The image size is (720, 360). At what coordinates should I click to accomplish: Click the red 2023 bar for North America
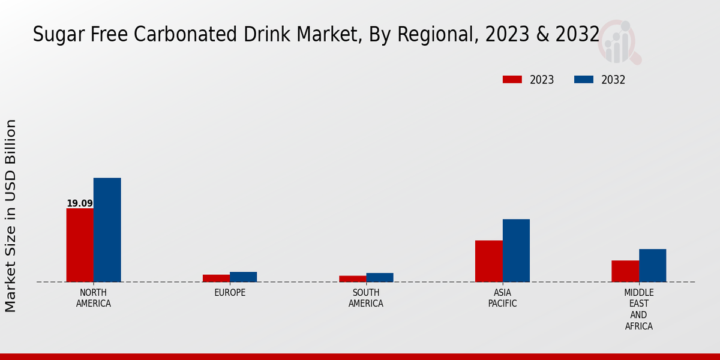[80, 245]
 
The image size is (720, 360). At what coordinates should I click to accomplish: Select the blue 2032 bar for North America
[107, 230]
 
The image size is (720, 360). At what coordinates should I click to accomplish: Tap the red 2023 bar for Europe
[216, 278]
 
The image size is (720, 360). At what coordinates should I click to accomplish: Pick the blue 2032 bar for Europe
[243, 277]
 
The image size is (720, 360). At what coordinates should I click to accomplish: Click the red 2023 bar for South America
[352, 279]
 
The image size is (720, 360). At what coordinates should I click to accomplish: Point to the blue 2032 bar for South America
[380, 277]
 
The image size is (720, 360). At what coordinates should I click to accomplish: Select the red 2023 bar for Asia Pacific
[488, 261]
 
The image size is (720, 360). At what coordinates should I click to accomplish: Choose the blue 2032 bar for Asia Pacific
[516, 250]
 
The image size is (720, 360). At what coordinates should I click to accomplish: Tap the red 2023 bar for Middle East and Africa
[625, 271]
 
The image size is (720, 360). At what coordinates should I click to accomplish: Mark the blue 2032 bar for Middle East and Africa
[652, 265]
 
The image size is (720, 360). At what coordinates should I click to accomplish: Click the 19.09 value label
[80, 203]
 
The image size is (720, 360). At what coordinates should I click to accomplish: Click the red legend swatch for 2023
[512, 80]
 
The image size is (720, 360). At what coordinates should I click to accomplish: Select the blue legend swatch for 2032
[584, 80]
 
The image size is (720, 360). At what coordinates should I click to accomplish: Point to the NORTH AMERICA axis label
[94, 298]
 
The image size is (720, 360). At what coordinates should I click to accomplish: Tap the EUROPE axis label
[230, 293]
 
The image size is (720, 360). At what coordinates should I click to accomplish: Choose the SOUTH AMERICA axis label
[366, 298]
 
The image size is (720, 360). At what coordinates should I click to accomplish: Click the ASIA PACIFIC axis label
[502, 298]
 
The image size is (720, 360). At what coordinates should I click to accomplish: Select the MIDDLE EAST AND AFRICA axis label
[638, 310]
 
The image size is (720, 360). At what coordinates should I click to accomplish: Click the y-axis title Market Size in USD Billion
[11, 216]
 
